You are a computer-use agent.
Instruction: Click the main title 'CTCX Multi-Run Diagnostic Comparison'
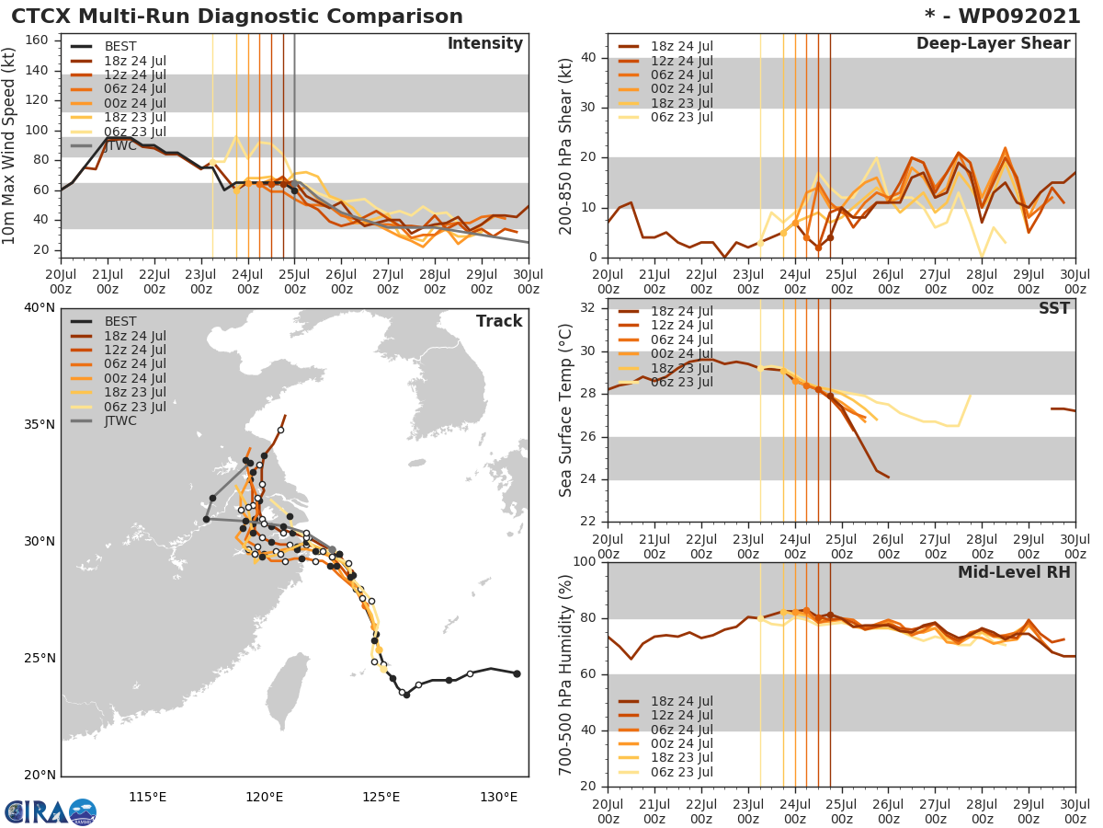tap(237, 17)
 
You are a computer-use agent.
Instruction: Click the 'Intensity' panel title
tap(484, 44)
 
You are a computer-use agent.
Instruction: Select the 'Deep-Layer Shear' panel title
tap(993, 44)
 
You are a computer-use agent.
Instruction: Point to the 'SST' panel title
tap(1053, 308)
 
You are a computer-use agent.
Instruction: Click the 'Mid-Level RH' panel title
tap(1014, 572)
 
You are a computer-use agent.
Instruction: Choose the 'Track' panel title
tap(499, 321)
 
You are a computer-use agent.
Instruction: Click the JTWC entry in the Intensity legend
tap(119, 145)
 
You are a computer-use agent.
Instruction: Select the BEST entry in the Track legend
tap(119, 321)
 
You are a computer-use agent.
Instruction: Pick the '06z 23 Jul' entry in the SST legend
tap(680, 383)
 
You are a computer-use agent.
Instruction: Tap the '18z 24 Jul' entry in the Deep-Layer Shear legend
tap(680, 46)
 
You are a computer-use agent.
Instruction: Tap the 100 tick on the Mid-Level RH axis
tap(585, 562)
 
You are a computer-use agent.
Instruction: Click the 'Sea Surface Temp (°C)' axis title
tap(566, 411)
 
